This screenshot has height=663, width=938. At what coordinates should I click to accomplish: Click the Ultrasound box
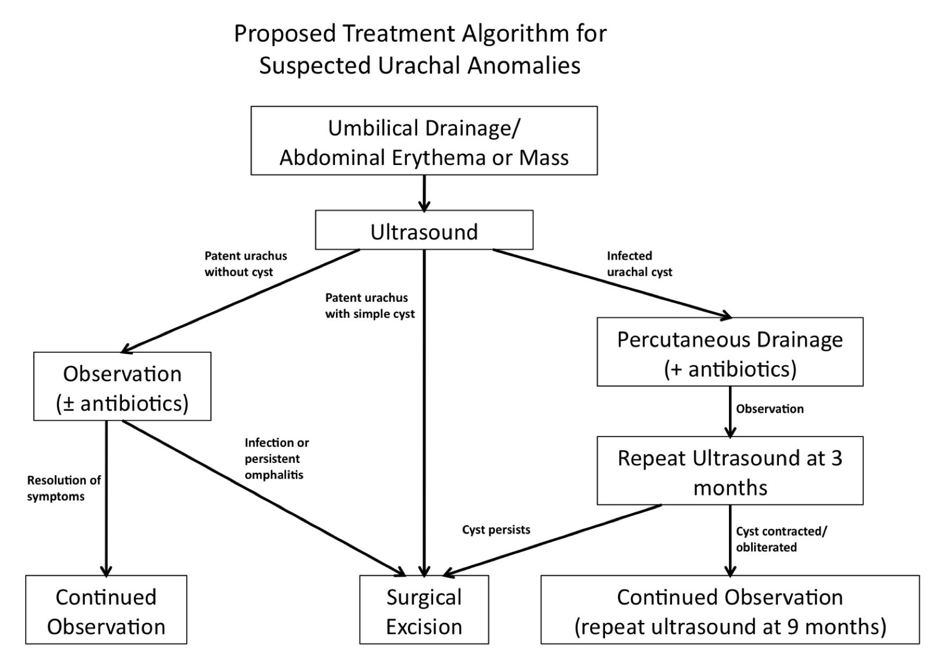tap(424, 230)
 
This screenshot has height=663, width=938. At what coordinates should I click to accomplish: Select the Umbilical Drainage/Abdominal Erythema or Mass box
tap(424, 141)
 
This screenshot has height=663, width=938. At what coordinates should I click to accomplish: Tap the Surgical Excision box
tap(424, 610)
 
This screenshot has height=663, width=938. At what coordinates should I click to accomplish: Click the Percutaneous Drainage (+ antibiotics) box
tap(729, 352)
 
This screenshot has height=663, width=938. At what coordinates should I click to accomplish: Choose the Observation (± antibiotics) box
tap(122, 387)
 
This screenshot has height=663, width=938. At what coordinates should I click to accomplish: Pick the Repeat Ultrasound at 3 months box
tap(729, 471)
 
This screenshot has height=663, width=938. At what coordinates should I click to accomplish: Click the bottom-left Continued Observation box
tap(106, 610)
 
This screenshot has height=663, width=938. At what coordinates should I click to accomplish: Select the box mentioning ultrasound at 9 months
tap(729, 610)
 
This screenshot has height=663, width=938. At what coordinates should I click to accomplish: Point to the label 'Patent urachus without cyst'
tap(245, 264)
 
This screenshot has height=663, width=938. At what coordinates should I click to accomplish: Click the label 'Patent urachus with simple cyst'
tap(370, 306)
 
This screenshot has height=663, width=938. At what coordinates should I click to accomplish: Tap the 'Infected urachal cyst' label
tap(639, 264)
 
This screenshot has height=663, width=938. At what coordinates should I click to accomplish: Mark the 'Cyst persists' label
tap(496, 530)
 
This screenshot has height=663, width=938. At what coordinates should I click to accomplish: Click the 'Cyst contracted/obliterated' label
tap(781, 539)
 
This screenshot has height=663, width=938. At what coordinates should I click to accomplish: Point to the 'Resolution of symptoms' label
tap(63, 489)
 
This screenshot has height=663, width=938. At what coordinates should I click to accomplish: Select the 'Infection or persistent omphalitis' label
tap(276, 459)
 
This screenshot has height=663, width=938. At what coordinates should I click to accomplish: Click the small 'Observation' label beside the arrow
tap(770, 409)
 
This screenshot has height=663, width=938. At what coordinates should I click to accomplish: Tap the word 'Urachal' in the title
tap(419, 65)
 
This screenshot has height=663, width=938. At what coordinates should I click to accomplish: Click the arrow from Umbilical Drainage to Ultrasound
tap(424, 193)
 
